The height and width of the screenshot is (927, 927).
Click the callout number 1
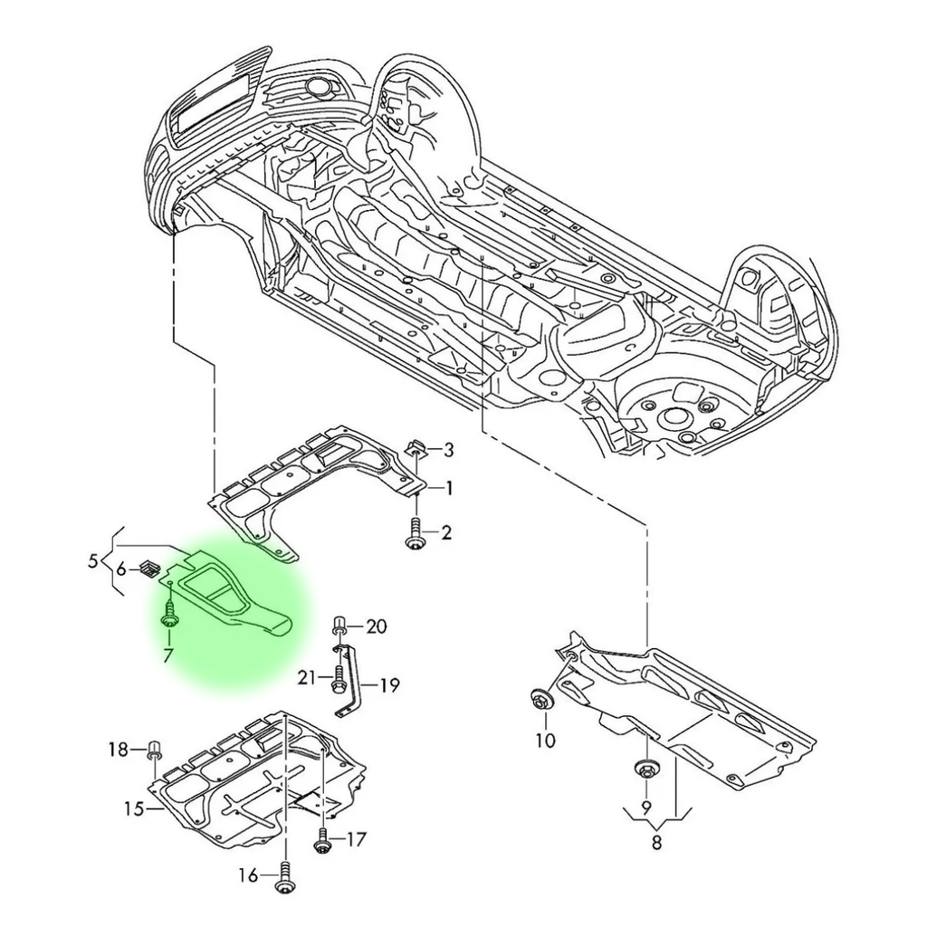447,489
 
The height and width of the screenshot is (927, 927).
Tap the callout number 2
445,533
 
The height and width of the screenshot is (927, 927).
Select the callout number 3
448,450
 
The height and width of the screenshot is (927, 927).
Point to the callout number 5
93,562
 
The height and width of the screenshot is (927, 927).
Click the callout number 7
168,654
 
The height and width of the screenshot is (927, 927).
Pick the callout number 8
656,843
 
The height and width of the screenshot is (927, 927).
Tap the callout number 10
544,741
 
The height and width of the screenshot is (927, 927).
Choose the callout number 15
134,808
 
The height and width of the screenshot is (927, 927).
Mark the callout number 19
388,685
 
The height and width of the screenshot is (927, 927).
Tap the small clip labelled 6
150,569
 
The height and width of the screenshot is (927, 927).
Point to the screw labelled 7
170,616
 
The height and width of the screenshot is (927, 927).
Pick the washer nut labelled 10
541,701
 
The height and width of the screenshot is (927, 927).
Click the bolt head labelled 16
287,876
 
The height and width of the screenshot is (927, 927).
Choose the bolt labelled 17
321,841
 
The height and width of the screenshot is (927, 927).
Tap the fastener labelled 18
154,750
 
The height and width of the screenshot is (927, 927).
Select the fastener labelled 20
339,625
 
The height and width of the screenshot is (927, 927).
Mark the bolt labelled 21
337,678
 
